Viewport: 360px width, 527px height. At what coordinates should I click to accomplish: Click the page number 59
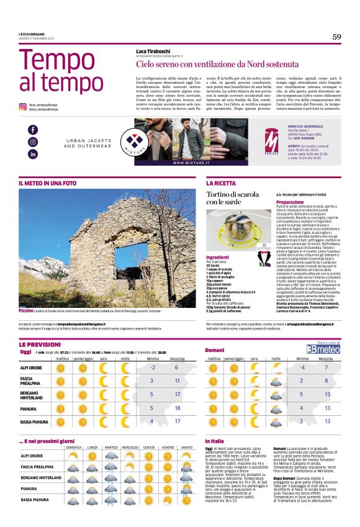coord(336,37)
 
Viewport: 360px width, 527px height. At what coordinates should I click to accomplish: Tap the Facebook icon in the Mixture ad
coord(33,130)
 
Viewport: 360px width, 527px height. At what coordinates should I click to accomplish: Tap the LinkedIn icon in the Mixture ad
coord(33,153)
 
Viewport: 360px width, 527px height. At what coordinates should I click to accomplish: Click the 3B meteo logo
coord(327,349)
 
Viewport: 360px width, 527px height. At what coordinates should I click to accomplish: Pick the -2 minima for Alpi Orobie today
coord(152,367)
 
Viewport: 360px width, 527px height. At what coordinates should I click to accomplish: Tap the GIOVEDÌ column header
coord(149,447)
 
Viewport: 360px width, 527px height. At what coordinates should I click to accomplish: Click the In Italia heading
coord(215,441)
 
